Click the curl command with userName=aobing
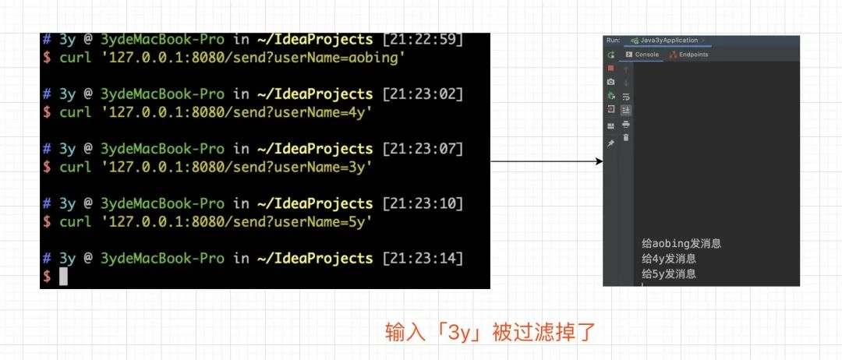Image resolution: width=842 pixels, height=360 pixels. coord(233,57)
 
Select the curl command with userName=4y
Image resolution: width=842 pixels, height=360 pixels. coord(215,112)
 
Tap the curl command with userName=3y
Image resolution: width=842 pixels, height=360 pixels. coord(215,167)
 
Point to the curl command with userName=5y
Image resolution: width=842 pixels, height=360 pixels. coord(215,222)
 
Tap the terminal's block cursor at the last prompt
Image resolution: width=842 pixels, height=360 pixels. coord(64,277)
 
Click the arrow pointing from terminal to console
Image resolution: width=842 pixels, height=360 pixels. coord(546,161)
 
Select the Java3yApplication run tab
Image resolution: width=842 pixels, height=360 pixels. coord(667,41)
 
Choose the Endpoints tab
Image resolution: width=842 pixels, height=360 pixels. coord(689,55)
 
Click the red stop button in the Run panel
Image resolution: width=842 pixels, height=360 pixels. coord(611,68)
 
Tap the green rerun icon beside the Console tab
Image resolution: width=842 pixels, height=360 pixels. coord(611,55)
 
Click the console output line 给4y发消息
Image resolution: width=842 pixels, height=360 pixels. coord(668,259)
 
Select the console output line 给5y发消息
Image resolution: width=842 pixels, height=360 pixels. coord(668,274)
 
